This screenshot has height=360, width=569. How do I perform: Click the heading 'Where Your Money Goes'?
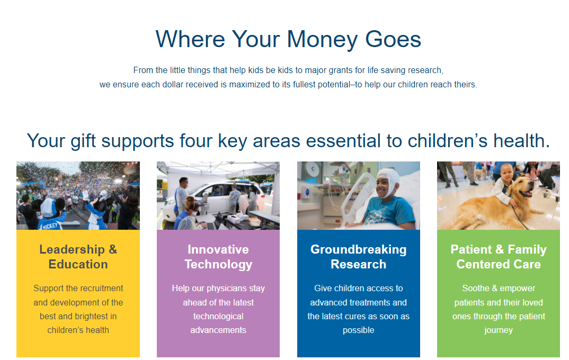click(288, 39)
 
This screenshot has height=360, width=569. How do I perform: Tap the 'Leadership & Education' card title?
click(78, 257)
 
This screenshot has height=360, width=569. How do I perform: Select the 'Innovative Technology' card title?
click(218, 257)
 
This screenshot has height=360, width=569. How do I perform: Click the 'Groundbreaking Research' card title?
click(358, 257)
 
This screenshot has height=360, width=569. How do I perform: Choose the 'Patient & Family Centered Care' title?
click(498, 257)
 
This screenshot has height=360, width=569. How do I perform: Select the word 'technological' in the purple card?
click(218, 316)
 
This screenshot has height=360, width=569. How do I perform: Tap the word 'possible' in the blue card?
click(358, 330)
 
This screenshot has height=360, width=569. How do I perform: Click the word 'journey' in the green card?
click(498, 330)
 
